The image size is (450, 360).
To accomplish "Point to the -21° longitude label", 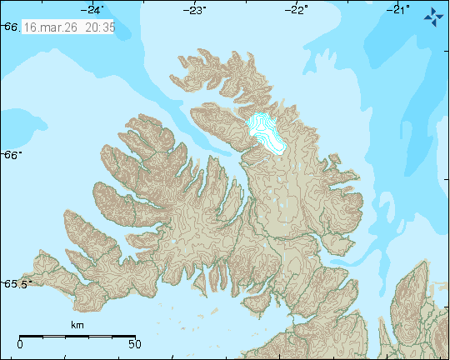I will click(399, 10).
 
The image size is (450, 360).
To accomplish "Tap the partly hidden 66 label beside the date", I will click(10, 27).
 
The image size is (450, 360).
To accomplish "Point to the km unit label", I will click(77, 325).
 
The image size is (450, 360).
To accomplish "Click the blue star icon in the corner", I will click(433, 15).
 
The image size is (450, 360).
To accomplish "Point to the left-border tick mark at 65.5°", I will click(2, 283).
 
